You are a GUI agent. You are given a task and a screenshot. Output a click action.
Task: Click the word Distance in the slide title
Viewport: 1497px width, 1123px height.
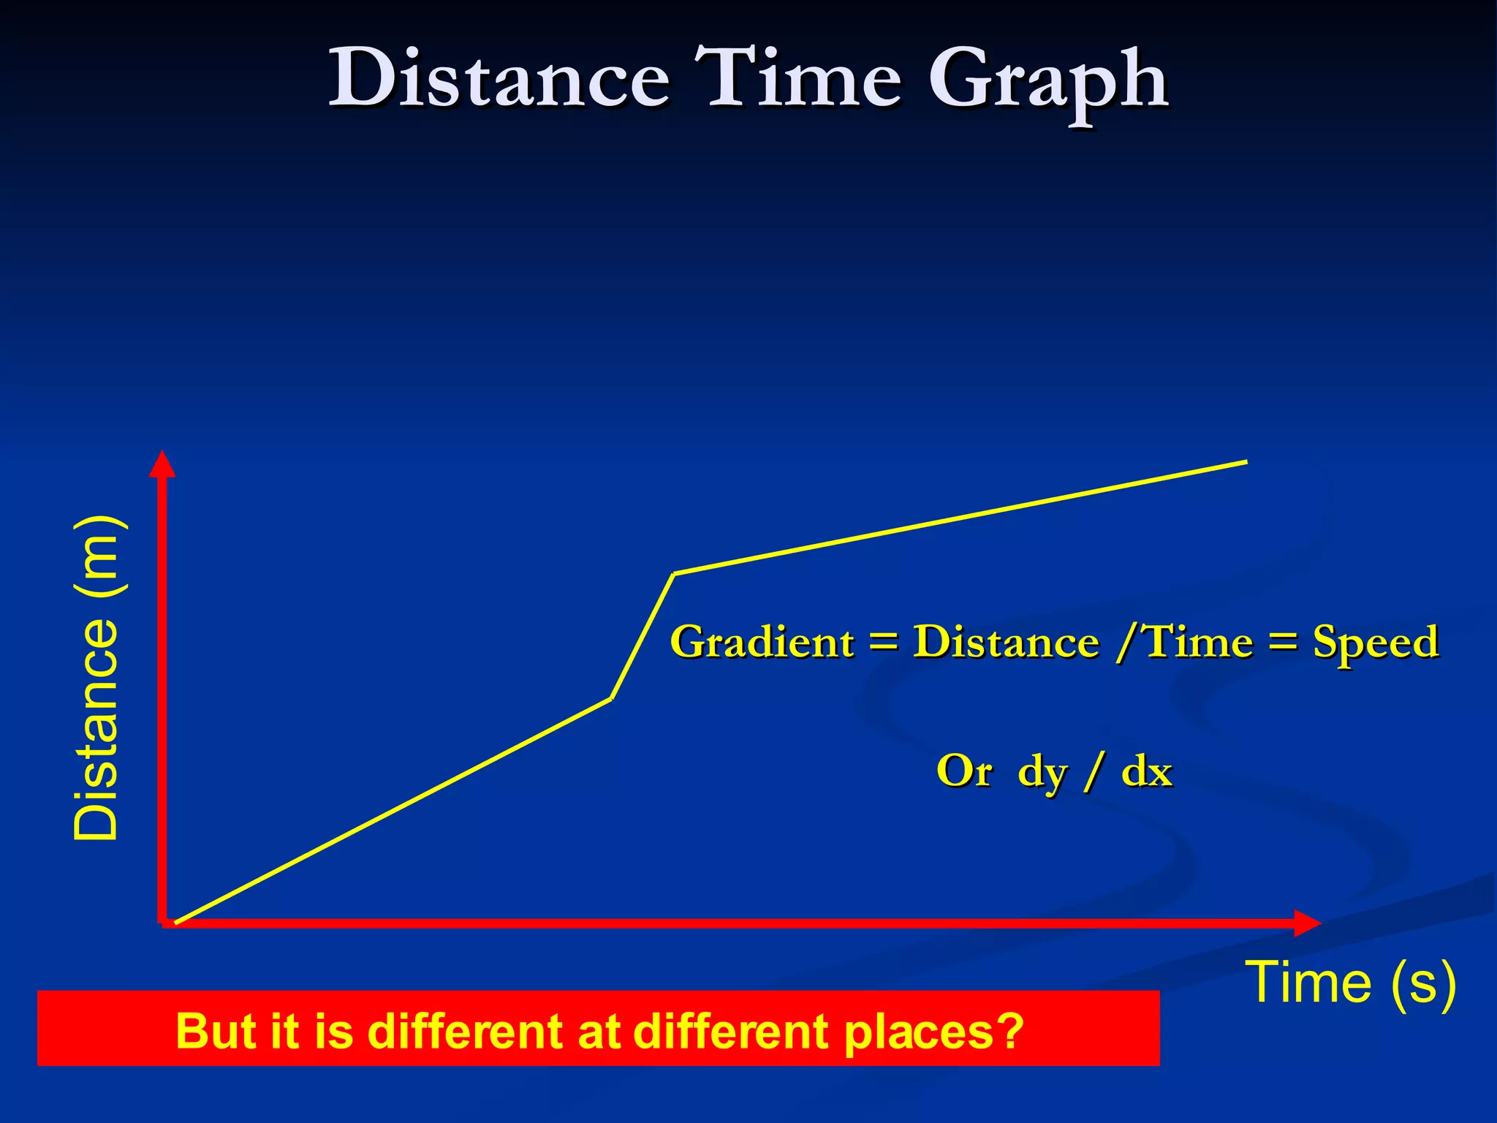pos(499,78)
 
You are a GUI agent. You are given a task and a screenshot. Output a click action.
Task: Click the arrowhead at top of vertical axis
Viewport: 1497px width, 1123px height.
pos(162,464)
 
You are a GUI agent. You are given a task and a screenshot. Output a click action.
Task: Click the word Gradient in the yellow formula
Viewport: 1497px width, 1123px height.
pos(762,643)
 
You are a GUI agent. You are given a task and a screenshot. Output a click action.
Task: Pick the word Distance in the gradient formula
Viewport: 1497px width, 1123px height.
pos(1006,643)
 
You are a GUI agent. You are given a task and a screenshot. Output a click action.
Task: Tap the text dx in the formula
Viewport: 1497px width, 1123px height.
pos(1147,771)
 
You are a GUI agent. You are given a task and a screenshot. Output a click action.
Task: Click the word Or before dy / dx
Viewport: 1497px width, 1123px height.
pos(964,771)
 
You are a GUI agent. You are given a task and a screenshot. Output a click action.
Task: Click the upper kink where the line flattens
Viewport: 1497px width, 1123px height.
pos(674,574)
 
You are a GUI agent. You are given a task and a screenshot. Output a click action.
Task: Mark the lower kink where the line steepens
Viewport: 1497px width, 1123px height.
pos(611,699)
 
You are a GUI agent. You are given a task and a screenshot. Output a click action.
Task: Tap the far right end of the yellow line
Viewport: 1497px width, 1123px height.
pos(1246,461)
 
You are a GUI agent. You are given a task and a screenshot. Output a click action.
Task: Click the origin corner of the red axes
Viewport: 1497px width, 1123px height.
pos(162,923)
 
